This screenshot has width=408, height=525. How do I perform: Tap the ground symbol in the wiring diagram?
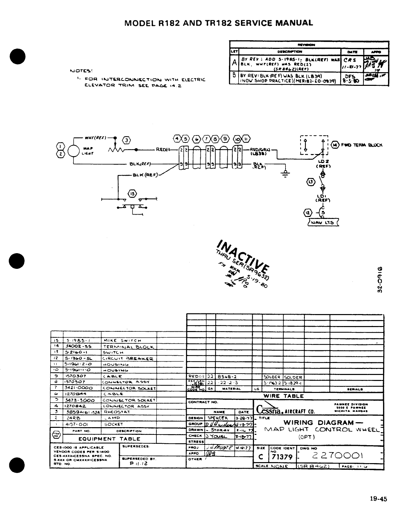point(285,173)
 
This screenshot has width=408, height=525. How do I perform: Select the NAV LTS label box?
point(323,222)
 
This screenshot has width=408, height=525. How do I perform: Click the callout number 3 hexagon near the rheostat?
point(126,140)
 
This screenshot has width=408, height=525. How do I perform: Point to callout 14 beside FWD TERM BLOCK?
point(336,145)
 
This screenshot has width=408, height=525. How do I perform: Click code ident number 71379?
point(282,457)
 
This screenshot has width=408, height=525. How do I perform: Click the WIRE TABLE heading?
point(284,396)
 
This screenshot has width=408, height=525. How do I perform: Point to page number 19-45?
point(379,499)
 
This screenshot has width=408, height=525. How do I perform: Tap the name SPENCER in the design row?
point(218,418)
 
